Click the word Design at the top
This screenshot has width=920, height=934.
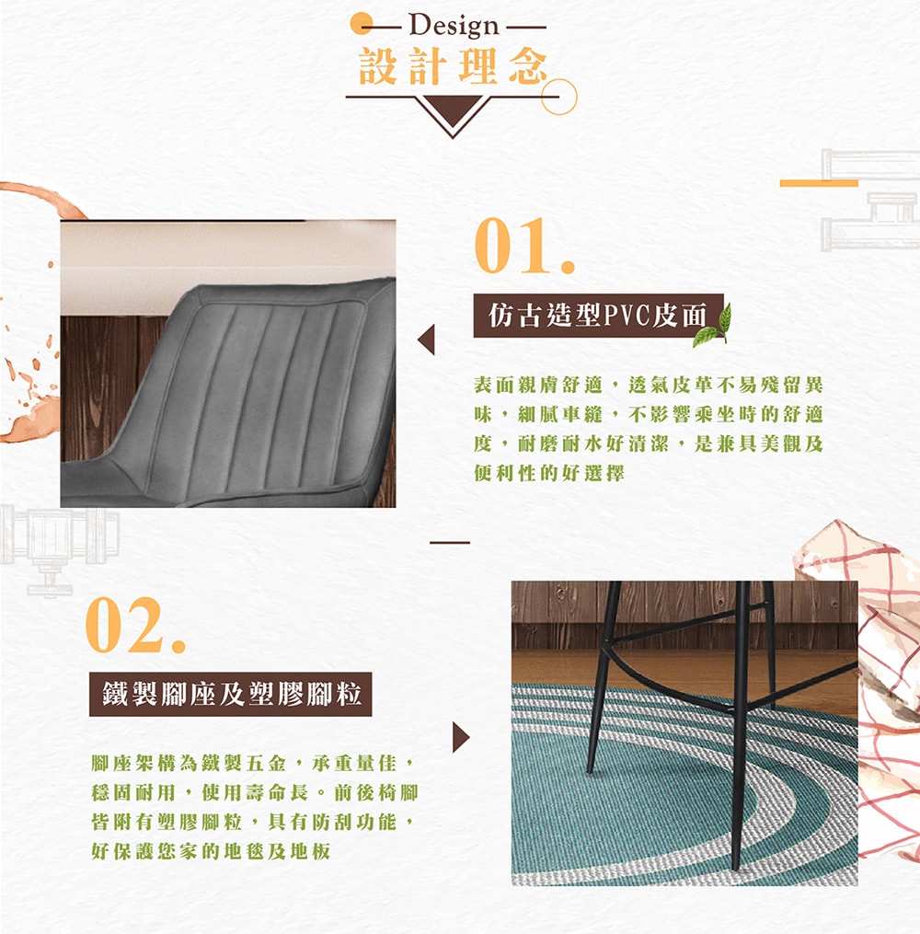coord(454,26)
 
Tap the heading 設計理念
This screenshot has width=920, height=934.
coord(453,66)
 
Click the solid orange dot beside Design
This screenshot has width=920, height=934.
coord(361,24)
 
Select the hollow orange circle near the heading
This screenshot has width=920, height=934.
coord(558,97)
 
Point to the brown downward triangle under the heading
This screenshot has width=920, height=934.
coord(453,112)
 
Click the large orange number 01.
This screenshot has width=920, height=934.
coord(524,246)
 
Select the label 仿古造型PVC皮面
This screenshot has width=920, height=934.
coord(598,315)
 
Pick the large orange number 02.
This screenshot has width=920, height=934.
coord(136,625)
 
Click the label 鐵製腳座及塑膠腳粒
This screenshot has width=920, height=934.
coord(230,694)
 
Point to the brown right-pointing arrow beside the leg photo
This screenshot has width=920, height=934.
coord(461,737)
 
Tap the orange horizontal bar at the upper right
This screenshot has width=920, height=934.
coord(819,183)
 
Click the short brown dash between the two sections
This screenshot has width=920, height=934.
coord(450,543)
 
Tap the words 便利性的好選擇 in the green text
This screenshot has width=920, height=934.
coord(549,474)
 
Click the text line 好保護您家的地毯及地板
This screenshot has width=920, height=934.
coord(211,851)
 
